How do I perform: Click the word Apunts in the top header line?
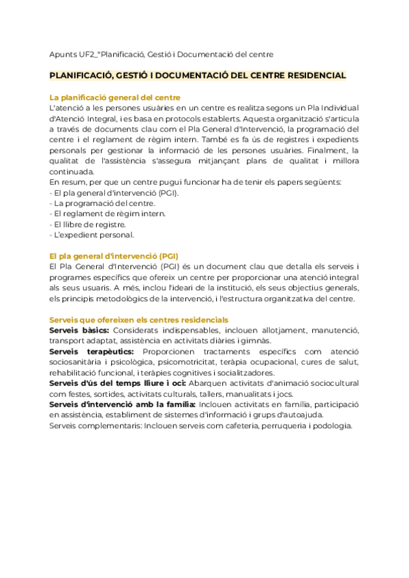tap(63, 54)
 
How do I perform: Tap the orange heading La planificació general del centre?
tap(115, 97)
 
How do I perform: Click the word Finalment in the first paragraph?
tap(323, 150)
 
